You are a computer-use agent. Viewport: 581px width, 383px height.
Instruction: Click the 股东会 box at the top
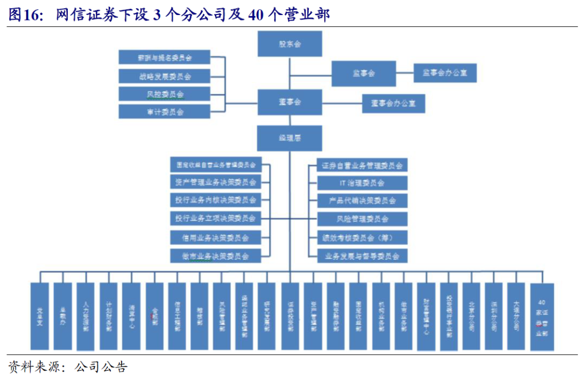[289, 44]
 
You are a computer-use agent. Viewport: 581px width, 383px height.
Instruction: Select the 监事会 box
[364, 73]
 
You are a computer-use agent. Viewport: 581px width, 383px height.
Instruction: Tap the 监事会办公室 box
[445, 73]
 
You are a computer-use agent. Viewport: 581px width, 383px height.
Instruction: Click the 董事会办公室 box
[393, 103]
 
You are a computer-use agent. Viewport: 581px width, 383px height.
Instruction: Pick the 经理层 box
[289, 138]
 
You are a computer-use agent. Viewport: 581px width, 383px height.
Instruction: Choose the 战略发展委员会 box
[165, 76]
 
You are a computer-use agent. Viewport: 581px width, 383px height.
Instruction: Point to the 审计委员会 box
[165, 112]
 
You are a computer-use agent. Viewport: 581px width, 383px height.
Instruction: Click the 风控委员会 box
[165, 94]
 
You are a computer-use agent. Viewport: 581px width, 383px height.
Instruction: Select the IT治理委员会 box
[362, 183]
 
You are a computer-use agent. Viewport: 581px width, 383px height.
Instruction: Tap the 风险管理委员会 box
[362, 219]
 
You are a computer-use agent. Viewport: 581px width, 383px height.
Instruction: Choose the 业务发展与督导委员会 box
[362, 256]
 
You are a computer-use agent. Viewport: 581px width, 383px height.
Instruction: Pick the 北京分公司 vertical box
[471, 316]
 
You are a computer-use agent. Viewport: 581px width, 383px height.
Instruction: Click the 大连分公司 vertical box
[516, 316]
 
